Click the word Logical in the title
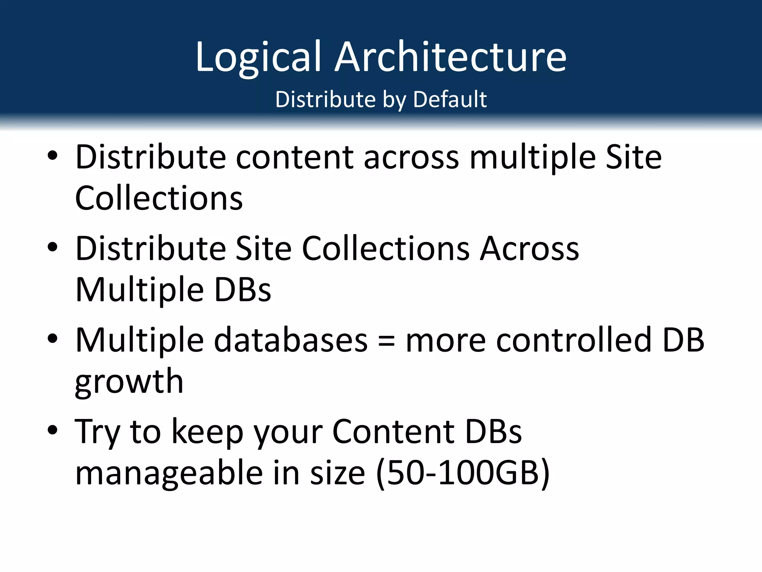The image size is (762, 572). [258, 57]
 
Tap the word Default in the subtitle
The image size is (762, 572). [449, 99]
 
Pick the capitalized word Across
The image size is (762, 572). [529, 248]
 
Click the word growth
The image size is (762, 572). [129, 382]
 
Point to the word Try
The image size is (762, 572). [97, 432]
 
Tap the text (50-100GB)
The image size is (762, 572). [463, 473]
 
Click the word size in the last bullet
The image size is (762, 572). [337, 473]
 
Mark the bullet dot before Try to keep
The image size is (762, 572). [53, 430]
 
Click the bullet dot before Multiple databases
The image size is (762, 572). [53, 339]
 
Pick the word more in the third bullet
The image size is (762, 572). [445, 341]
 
